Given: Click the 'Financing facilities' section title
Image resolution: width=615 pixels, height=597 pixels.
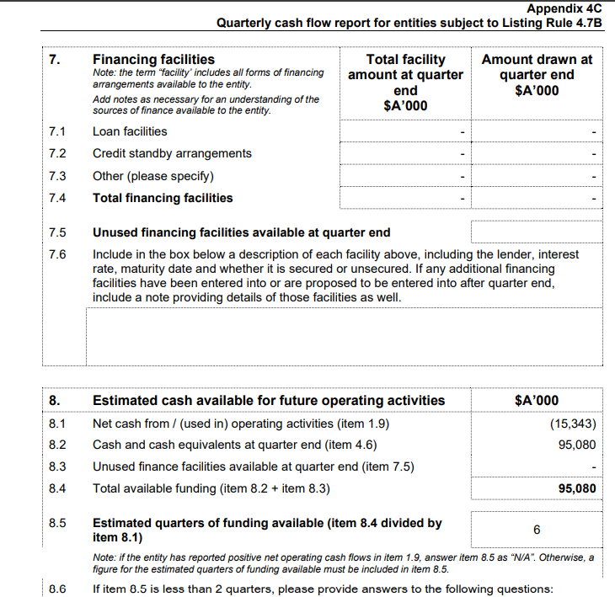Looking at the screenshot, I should (x=153, y=60).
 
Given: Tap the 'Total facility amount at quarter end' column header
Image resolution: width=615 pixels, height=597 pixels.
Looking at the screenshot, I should (x=405, y=83).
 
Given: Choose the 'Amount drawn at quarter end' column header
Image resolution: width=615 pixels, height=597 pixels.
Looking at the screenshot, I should (x=537, y=75).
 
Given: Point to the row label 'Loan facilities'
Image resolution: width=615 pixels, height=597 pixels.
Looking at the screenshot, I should (x=130, y=131).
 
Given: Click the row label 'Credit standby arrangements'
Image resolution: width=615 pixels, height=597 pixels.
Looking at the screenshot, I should (x=172, y=153).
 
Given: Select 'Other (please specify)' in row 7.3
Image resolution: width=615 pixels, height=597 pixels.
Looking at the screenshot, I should (x=152, y=176).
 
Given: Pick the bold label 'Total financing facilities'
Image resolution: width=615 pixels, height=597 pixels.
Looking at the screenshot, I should (x=163, y=198).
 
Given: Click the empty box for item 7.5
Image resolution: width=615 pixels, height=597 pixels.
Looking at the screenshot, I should (x=537, y=232).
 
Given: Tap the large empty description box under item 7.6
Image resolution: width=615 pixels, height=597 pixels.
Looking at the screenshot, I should (x=344, y=335).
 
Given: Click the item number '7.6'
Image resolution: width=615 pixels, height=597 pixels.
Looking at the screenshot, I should (x=58, y=254).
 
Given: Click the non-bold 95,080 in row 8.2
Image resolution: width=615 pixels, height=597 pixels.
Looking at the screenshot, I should (x=577, y=445).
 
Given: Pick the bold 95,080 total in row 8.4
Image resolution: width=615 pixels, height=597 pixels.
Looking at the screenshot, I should (x=577, y=488).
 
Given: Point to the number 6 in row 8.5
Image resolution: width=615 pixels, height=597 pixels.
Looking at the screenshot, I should (x=537, y=530).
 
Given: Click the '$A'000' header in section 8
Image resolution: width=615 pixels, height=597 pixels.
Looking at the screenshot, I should (x=537, y=400).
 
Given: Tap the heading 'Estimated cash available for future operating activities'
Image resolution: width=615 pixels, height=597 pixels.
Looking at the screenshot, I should (x=269, y=400).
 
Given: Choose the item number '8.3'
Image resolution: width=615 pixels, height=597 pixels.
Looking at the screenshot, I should (x=58, y=466).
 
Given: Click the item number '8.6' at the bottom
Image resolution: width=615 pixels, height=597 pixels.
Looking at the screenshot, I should (x=58, y=588).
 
